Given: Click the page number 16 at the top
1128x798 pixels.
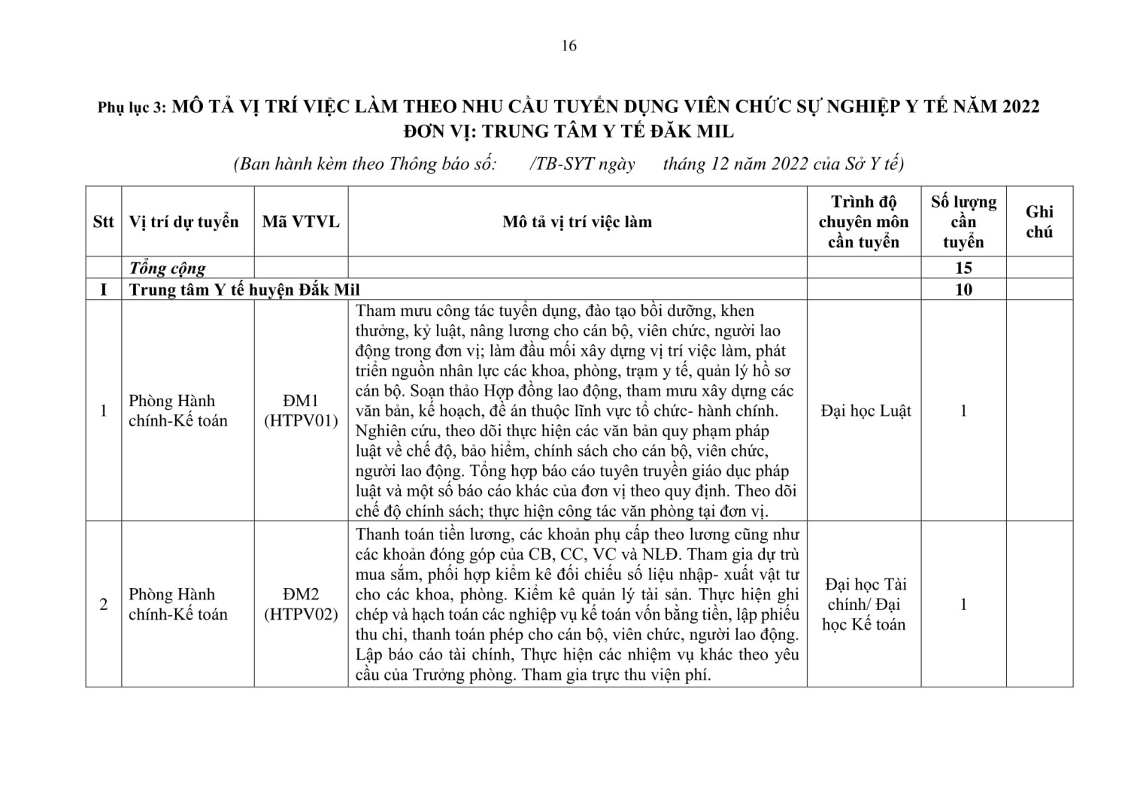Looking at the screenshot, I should click(x=569, y=46).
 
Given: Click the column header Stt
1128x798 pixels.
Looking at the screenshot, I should click(x=103, y=222).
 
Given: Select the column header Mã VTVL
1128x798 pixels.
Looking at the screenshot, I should click(x=301, y=222).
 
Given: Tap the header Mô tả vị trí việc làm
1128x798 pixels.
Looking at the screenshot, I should click(x=577, y=222).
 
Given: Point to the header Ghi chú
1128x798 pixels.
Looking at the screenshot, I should click(x=1039, y=222).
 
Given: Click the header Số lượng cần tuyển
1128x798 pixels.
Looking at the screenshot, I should click(x=963, y=222).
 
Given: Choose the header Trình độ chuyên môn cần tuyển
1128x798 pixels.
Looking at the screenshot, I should click(x=863, y=222).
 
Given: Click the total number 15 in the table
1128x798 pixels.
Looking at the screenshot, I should click(x=963, y=268).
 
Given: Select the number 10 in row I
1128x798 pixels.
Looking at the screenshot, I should click(x=963, y=290).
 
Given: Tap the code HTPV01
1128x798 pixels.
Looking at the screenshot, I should click(x=301, y=421).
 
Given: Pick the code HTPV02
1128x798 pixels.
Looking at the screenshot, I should click(x=301, y=614).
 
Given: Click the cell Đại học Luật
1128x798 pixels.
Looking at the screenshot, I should click(x=866, y=411).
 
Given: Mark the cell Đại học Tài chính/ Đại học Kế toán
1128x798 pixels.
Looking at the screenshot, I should click(x=864, y=604).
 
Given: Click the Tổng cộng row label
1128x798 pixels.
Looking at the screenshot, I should click(x=167, y=268).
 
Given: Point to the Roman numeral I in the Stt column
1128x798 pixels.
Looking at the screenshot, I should click(x=103, y=290).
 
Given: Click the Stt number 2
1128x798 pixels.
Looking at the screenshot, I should click(x=103, y=604).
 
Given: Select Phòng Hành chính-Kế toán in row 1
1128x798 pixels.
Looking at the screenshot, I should click(x=177, y=411).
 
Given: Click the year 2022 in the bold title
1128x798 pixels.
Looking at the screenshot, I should click(x=1017, y=106).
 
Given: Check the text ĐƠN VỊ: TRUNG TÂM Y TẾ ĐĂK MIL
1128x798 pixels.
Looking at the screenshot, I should click(x=568, y=131).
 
